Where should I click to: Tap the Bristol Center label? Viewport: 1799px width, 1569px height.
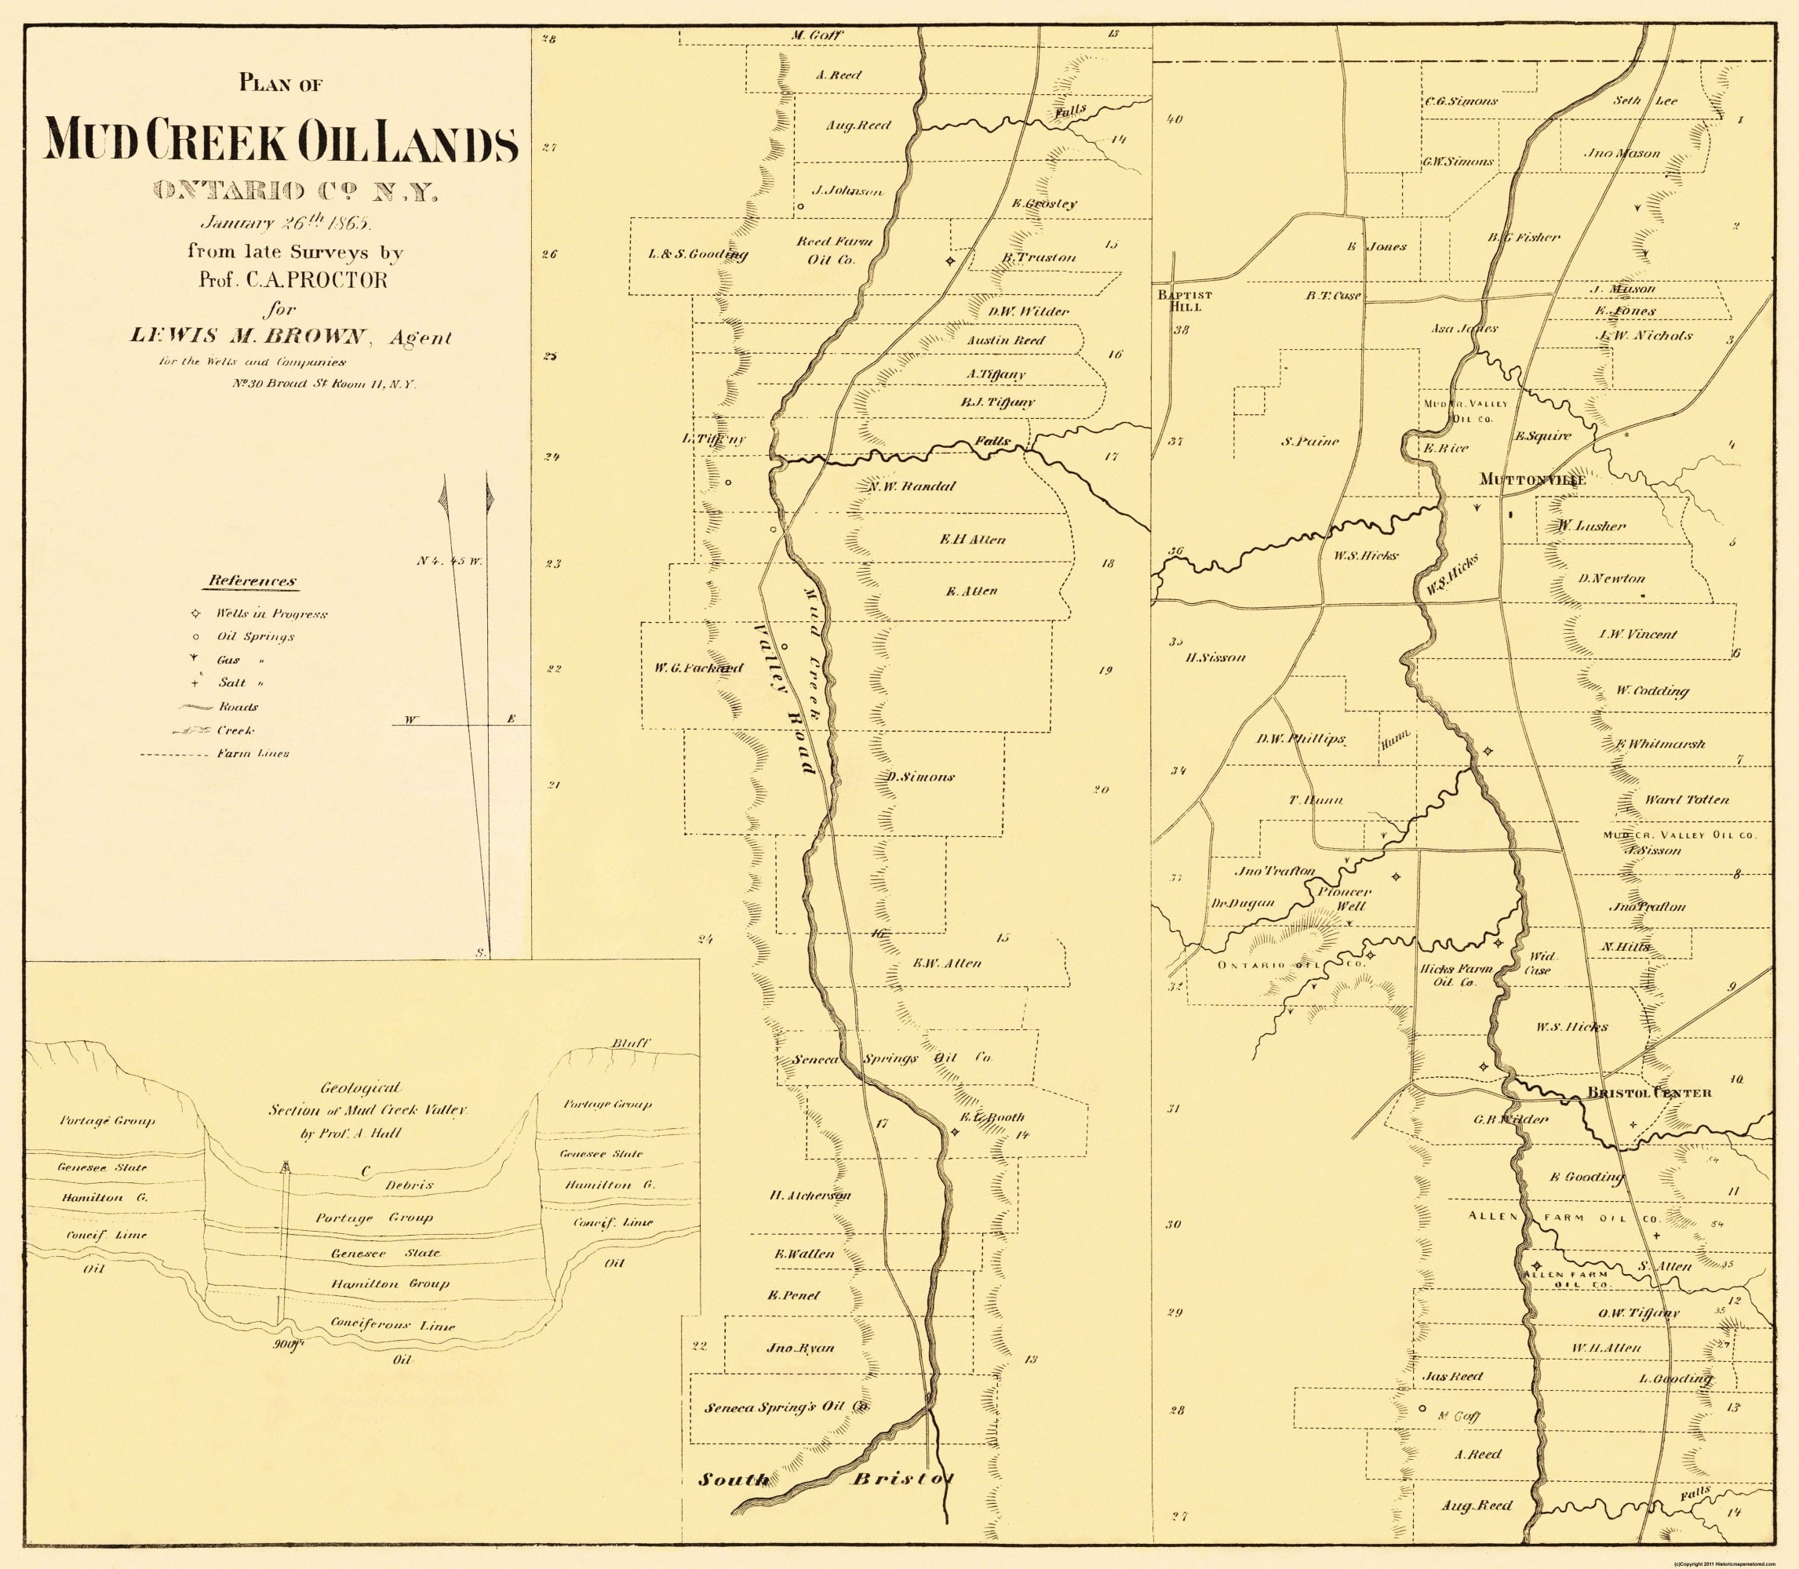point(1649,1093)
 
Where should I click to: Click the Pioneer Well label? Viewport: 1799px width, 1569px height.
point(1341,899)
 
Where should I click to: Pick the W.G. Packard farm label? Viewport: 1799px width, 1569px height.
point(697,668)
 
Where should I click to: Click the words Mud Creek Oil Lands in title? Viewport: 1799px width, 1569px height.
point(282,141)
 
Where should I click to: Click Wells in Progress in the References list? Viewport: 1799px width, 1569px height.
point(271,613)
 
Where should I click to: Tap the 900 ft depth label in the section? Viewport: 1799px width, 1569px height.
point(286,1344)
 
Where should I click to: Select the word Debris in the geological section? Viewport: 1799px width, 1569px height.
point(409,1185)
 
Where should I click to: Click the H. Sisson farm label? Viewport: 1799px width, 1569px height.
point(1215,657)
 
